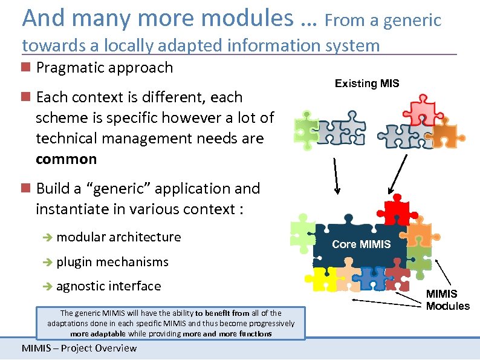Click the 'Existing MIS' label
(x=367, y=83)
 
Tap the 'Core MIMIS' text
(x=362, y=244)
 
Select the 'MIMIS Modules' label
(x=447, y=300)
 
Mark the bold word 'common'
(x=66, y=159)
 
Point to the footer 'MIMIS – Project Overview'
(x=79, y=348)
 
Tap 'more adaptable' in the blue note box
(x=96, y=333)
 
